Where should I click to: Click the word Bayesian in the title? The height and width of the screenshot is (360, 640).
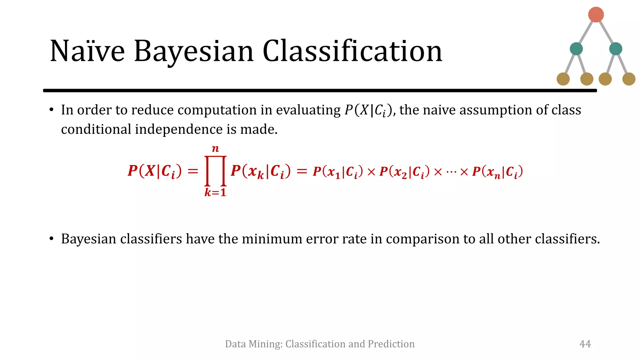(194, 52)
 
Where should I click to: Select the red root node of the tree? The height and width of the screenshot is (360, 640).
(596, 15)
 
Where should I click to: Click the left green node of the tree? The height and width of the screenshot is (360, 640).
(576, 49)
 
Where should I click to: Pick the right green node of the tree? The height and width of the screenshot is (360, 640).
(615, 49)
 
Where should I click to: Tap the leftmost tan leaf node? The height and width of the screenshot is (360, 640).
(563, 79)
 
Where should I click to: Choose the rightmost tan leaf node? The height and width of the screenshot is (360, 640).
(628, 79)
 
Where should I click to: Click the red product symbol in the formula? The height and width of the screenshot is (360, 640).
(215, 171)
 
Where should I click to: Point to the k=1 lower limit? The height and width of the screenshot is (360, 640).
(215, 192)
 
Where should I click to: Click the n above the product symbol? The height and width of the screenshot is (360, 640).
(215, 149)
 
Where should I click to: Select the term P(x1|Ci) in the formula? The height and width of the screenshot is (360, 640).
(338, 172)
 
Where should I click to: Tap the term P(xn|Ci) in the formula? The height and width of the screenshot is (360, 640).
(497, 172)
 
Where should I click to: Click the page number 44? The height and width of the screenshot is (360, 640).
(585, 344)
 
